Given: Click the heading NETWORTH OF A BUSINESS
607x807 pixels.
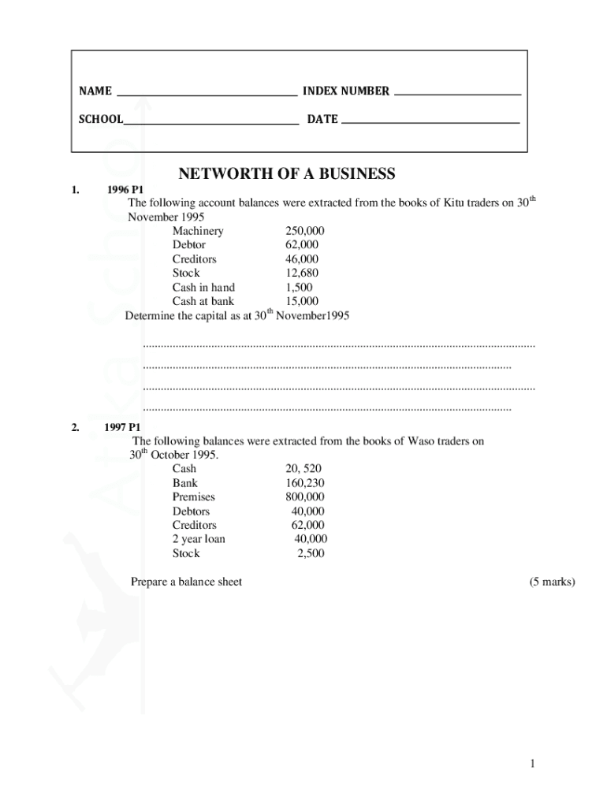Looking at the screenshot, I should pos(286,173).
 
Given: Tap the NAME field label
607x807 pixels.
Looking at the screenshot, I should pos(95,91).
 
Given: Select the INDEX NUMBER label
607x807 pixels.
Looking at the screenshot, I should pos(346,91).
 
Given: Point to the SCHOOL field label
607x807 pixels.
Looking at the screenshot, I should pos(101,119).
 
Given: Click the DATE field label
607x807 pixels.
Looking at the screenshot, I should pos(322,119).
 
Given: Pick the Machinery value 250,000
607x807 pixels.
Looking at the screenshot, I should pos(304,231).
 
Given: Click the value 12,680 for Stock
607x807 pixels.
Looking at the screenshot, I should pos(302,273).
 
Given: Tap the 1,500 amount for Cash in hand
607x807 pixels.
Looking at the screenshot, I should pos(299,287).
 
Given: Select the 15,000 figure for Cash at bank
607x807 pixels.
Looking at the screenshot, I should pos(302,301).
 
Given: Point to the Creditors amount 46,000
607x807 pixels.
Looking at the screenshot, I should pos(302,258).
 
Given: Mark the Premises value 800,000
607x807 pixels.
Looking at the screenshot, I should pos(304,496).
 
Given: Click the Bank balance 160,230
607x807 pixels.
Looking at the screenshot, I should pos(304,482).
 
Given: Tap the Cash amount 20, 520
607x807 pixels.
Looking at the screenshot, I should pos(303,468).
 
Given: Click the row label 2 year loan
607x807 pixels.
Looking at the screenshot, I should pos(199,539).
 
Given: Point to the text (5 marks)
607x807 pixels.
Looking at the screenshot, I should pos(553,582).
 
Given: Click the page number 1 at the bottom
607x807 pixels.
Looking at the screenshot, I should pos(533,763).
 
